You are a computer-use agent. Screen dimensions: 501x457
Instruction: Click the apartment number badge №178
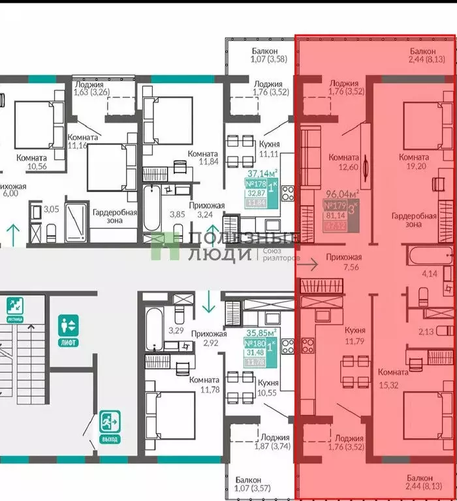point(251,185)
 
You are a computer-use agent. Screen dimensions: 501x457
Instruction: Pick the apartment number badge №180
point(251,344)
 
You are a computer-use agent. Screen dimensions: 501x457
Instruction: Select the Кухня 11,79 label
point(355,335)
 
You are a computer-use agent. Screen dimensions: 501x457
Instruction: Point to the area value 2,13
point(427,331)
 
